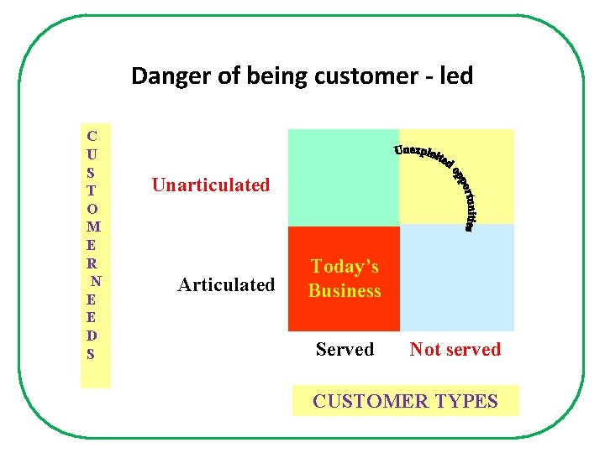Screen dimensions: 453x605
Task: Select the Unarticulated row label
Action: [x=211, y=185]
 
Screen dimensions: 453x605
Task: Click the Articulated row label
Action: [x=226, y=285]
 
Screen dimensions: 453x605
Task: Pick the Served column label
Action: [x=345, y=349]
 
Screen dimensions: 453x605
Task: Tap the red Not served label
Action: [x=455, y=349]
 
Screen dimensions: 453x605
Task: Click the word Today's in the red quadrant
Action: [x=345, y=267]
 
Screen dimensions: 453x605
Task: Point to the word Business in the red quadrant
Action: [x=345, y=291]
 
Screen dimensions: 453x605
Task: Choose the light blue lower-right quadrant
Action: [x=456, y=279]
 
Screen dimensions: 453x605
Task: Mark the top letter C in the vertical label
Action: [x=92, y=136]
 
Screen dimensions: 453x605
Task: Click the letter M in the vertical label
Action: [x=93, y=226]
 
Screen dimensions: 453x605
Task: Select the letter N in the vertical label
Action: [x=96, y=281]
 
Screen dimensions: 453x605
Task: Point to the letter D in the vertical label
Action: [x=92, y=336]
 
